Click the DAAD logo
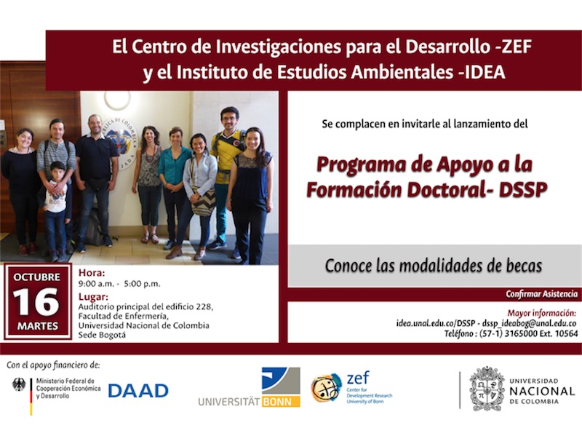[x=138, y=391]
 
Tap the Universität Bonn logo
[x=249, y=387]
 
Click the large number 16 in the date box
[x=36, y=302]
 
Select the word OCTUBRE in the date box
[x=37, y=277]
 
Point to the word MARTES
[x=38, y=326]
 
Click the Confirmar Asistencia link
[x=541, y=294]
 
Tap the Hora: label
[x=92, y=273]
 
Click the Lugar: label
[x=93, y=297]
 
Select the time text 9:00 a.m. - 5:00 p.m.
[x=119, y=284]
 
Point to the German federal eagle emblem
[x=19, y=385]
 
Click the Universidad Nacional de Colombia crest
[x=487, y=389]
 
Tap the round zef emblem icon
[x=325, y=388]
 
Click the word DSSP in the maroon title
[x=523, y=190]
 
